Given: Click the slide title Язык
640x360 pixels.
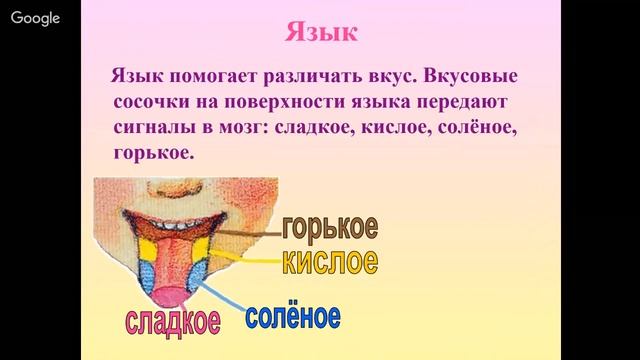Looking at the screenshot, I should (x=320, y=31).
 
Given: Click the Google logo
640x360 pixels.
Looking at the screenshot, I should (x=36, y=18).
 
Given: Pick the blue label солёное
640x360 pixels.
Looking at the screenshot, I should (x=292, y=318).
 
